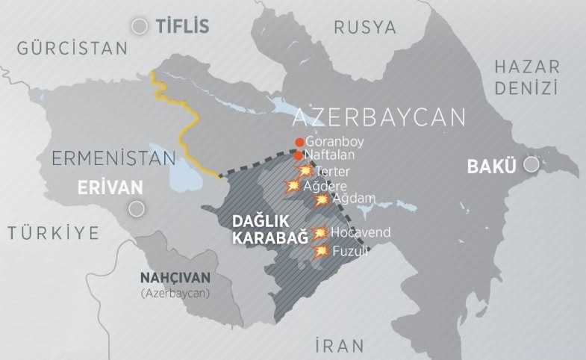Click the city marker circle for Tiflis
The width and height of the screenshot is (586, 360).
(x=139, y=27)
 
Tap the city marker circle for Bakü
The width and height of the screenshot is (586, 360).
(x=531, y=166)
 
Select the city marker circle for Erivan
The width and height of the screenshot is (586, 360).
(x=135, y=209)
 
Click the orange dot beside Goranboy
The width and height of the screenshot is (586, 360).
(x=299, y=142)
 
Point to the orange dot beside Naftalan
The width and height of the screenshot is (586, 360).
(x=299, y=156)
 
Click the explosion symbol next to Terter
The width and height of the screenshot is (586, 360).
(x=304, y=171)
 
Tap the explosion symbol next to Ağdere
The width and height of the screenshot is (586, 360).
(x=292, y=185)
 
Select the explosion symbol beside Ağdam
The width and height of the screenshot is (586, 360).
(x=322, y=199)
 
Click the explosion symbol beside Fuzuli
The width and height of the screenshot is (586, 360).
(x=321, y=251)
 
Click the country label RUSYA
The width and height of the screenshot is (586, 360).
(x=365, y=28)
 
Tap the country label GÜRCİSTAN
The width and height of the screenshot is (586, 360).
(x=72, y=49)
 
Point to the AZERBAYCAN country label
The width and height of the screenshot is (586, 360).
(x=379, y=118)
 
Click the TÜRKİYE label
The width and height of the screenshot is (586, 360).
(x=54, y=233)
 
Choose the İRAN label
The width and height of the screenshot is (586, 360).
(x=339, y=346)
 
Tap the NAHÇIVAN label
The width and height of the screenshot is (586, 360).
(x=175, y=278)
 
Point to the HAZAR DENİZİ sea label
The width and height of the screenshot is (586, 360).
(x=526, y=78)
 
